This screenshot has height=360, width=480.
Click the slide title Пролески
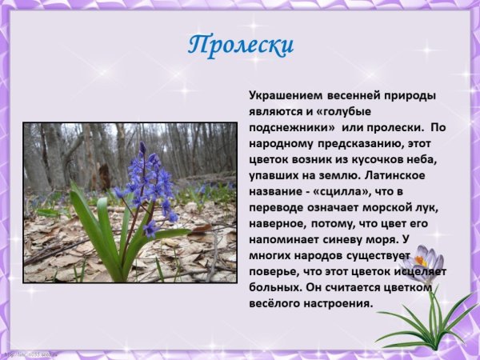[x=241, y=45]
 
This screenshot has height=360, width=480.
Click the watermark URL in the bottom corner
[x=32, y=354]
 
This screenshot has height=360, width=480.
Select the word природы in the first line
[x=410, y=96]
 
